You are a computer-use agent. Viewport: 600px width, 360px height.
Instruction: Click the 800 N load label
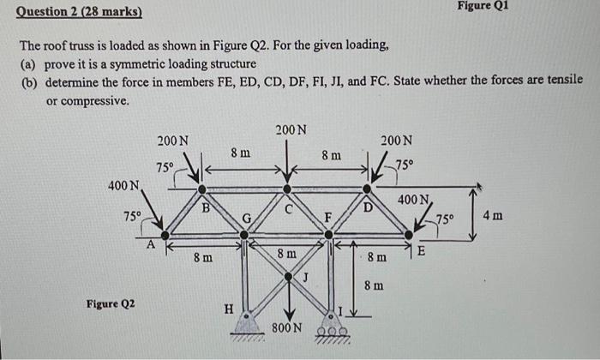(x=286, y=328)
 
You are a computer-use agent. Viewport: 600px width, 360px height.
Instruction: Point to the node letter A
(x=150, y=243)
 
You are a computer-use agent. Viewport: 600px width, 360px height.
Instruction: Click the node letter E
(x=419, y=250)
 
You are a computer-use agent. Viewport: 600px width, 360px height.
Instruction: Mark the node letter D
(x=369, y=207)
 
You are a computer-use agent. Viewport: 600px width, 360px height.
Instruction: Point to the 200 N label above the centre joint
(x=291, y=129)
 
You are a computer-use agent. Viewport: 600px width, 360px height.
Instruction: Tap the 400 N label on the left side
(x=124, y=186)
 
